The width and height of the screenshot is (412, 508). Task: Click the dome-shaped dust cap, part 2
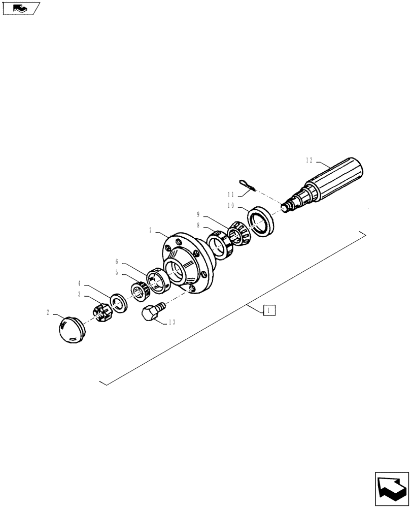[x=71, y=330]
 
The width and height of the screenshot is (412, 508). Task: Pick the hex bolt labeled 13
[x=152, y=311]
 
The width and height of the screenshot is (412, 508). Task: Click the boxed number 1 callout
[x=269, y=310]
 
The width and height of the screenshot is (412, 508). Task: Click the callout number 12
[x=309, y=161]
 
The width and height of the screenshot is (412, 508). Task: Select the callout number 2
[x=48, y=313]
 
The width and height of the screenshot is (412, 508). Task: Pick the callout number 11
[x=231, y=195]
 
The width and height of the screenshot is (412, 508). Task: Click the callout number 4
[x=80, y=283]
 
